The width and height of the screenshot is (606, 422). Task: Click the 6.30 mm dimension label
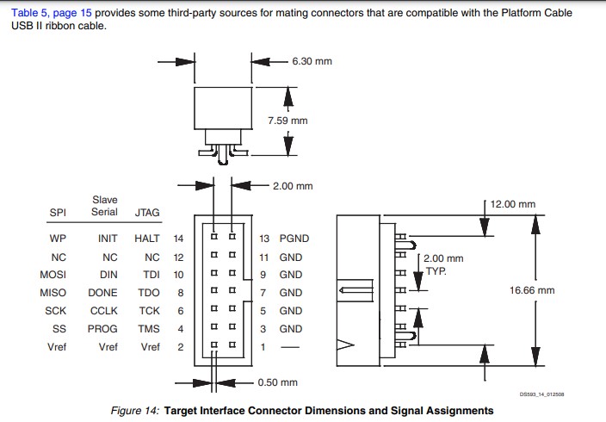(312, 61)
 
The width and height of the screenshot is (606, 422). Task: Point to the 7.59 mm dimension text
(288, 121)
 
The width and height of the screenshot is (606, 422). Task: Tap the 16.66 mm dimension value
(532, 290)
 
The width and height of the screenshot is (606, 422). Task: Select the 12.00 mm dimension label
(513, 205)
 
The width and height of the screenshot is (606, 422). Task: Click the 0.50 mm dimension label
(277, 382)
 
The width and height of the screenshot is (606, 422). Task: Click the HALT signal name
(147, 239)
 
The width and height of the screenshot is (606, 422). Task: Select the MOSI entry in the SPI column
(53, 275)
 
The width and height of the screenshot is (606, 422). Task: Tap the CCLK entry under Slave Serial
(104, 311)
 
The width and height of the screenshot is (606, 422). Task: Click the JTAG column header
(147, 212)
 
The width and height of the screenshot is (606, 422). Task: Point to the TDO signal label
(149, 293)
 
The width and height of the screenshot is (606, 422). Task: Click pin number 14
(179, 239)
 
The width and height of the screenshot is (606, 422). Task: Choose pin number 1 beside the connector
(263, 347)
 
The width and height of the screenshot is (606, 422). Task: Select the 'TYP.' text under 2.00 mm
(437, 270)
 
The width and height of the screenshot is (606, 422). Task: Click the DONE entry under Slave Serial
(103, 293)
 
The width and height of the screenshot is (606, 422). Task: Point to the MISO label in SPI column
(53, 293)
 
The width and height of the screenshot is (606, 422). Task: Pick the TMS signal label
(149, 329)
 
